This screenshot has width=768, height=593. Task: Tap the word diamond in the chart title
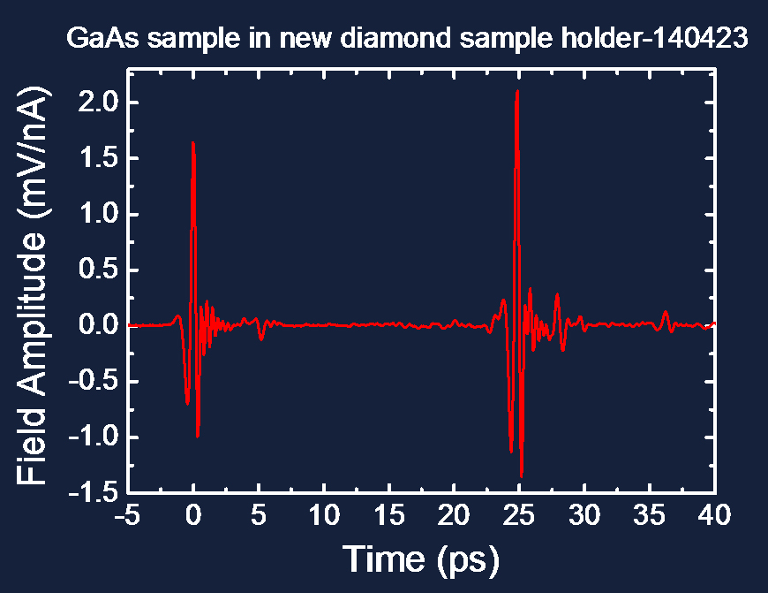click(x=395, y=38)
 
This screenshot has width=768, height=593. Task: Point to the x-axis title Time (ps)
click(x=421, y=559)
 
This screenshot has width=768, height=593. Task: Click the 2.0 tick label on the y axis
click(x=99, y=103)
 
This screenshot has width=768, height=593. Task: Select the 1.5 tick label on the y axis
click(x=99, y=158)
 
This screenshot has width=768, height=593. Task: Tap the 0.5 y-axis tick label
click(x=99, y=270)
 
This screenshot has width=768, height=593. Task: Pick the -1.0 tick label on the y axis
click(x=94, y=437)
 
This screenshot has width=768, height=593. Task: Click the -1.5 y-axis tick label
click(x=94, y=492)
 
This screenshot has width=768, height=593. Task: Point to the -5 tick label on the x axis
click(x=128, y=515)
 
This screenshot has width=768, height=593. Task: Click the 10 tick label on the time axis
click(x=324, y=515)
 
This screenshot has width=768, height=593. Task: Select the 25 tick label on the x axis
click(x=519, y=515)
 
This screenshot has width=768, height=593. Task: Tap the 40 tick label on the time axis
click(x=715, y=515)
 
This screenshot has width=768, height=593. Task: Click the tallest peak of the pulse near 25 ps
click(x=517, y=91)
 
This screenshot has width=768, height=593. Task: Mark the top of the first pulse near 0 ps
click(x=193, y=142)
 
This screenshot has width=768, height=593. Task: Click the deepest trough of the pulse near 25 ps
click(x=521, y=476)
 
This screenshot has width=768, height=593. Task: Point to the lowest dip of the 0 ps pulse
click(x=198, y=437)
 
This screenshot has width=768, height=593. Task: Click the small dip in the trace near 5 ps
click(x=261, y=339)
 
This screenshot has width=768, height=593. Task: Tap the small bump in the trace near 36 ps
click(x=665, y=311)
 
